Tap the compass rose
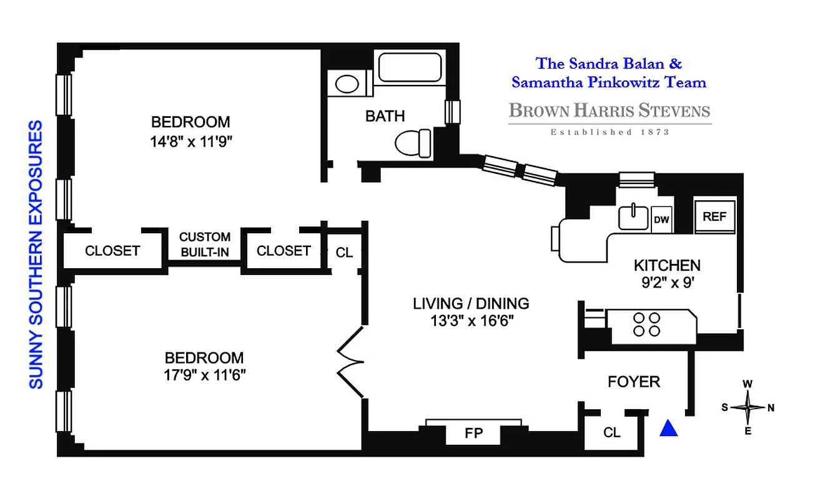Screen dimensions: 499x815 click(x=748, y=408)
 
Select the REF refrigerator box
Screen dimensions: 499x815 click(x=715, y=216)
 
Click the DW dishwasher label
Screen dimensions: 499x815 click(x=661, y=219)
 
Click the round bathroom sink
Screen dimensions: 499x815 click(x=345, y=84)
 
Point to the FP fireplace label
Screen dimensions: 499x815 click(x=474, y=433)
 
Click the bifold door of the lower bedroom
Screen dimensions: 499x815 click(x=350, y=362)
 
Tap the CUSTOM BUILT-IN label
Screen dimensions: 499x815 click(x=205, y=245)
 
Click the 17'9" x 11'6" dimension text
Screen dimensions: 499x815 click(x=204, y=376)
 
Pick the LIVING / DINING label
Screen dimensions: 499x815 click(x=471, y=304)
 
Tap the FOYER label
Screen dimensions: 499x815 click(x=634, y=381)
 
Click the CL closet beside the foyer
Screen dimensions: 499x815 click(x=612, y=432)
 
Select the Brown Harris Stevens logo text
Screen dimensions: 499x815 click(x=610, y=112)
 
